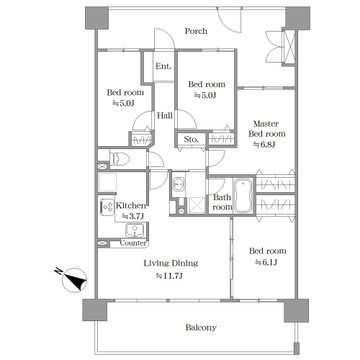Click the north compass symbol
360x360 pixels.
(73, 279)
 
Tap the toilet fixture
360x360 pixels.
(119, 159)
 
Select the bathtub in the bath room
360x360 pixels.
(243, 196)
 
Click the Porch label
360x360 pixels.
(196, 31)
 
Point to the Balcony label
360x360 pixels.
(201, 328)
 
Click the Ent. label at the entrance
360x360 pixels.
(164, 66)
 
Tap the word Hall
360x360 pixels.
(165, 116)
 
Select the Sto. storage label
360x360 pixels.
(191, 139)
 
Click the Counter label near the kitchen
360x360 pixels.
(133, 243)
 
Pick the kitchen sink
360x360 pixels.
(134, 230)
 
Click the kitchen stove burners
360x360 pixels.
(106, 208)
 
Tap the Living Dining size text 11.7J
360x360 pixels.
(171, 276)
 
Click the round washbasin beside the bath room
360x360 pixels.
(178, 184)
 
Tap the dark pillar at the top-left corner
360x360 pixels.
(97, 18)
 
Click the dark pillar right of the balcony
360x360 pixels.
(296, 311)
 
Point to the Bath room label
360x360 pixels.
(222, 202)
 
